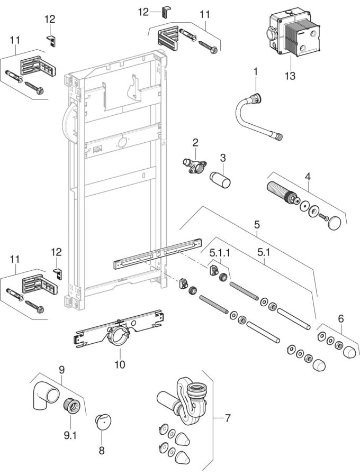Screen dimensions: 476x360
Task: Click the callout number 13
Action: pyautogui.click(x=290, y=76)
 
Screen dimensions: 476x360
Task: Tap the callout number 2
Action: pyautogui.click(x=195, y=142)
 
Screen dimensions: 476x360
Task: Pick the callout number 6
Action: pyautogui.click(x=341, y=318)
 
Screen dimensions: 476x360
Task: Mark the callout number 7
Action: pyautogui.click(x=227, y=418)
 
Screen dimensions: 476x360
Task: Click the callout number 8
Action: pyautogui.click(x=101, y=451)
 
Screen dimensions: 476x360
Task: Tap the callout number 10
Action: pyautogui.click(x=120, y=365)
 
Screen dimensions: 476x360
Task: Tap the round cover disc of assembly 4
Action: pyautogui.click(x=333, y=225)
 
